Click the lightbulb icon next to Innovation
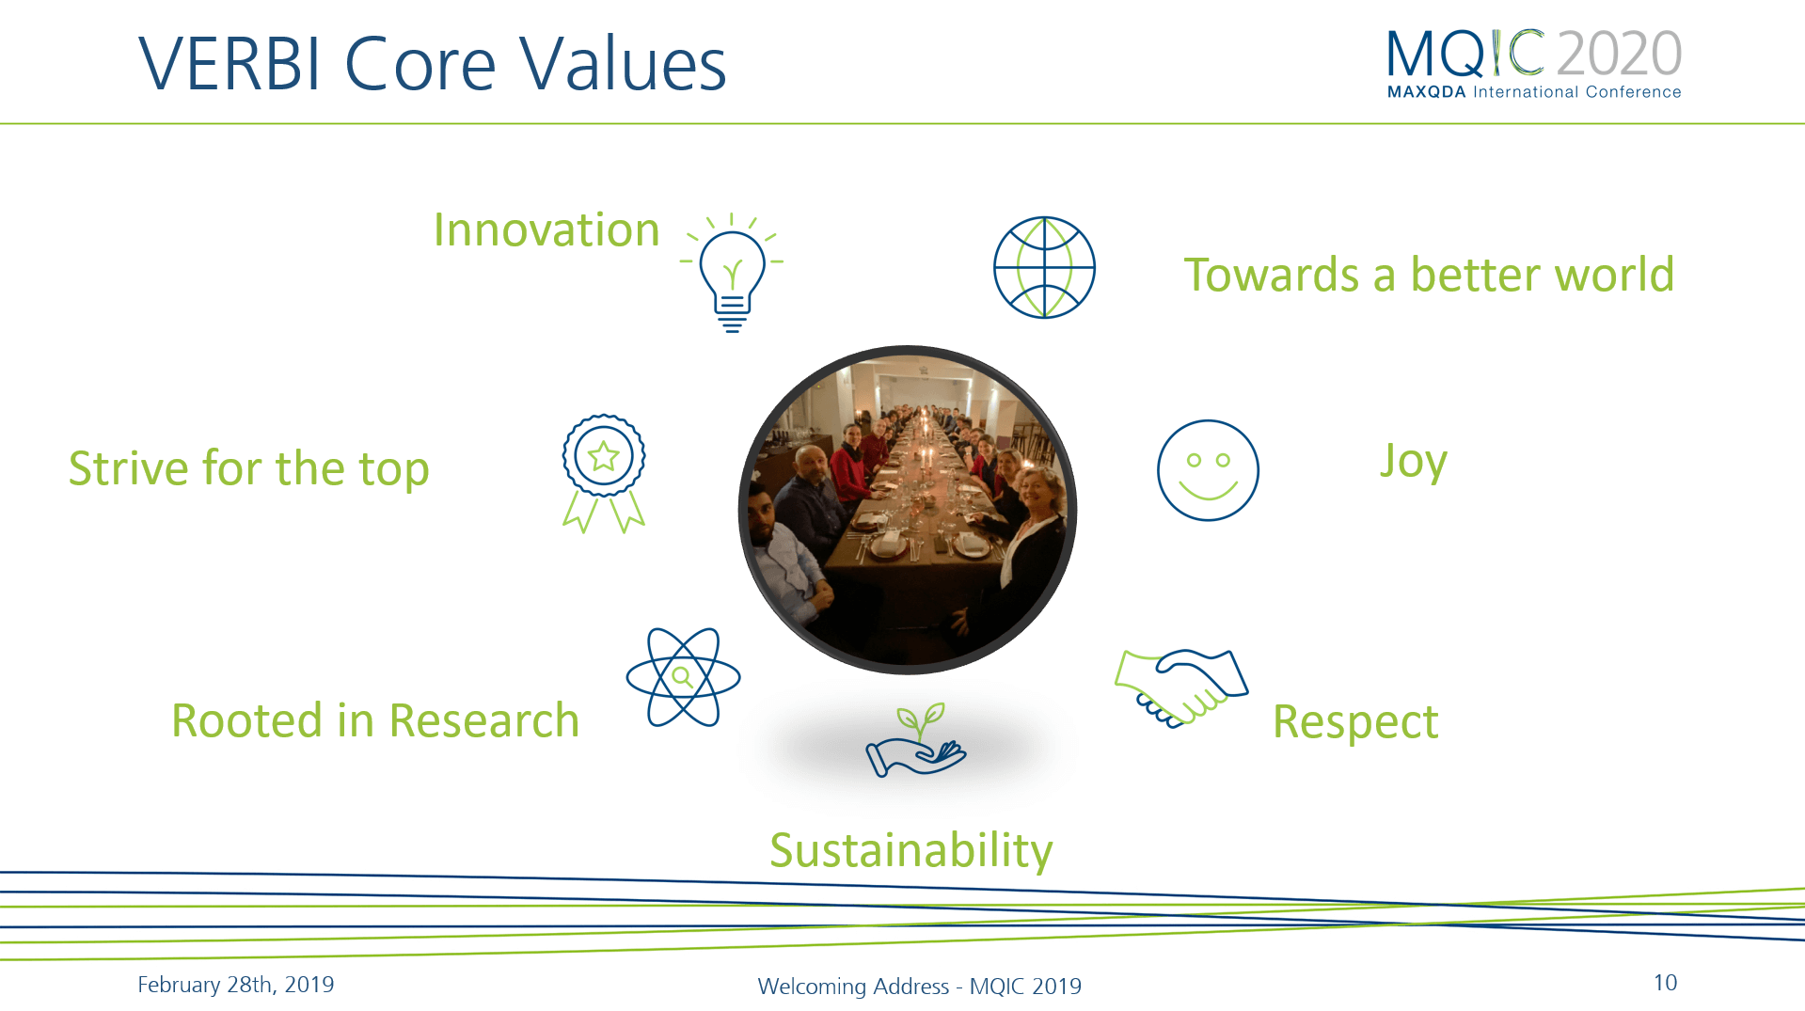pyautogui.click(x=732, y=273)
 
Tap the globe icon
pyautogui.click(x=1044, y=268)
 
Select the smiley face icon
pyautogui.click(x=1208, y=470)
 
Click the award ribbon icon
pyautogui.click(x=603, y=473)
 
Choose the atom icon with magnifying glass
pyautogui.click(x=683, y=677)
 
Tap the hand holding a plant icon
pyautogui.click(x=915, y=741)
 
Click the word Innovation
pyautogui.click(x=546, y=229)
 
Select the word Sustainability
pyautogui.click(x=910, y=851)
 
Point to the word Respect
pyautogui.click(x=1355, y=723)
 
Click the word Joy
pyautogui.click(x=1413, y=462)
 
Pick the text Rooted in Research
pyautogui.click(x=375, y=721)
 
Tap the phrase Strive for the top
pyautogui.click(x=249, y=470)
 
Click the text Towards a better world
pyautogui.click(x=1429, y=275)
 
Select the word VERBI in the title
pyautogui.click(x=230, y=64)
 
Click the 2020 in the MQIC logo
pyautogui.click(x=1619, y=54)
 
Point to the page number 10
pyautogui.click(x=1665, y=983)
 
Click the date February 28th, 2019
pyautogui.click(x=235, y=985)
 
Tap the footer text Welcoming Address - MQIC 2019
pyautogui.click(x=919, y=986)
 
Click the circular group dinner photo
pyautogui.click(x=908, y=510)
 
